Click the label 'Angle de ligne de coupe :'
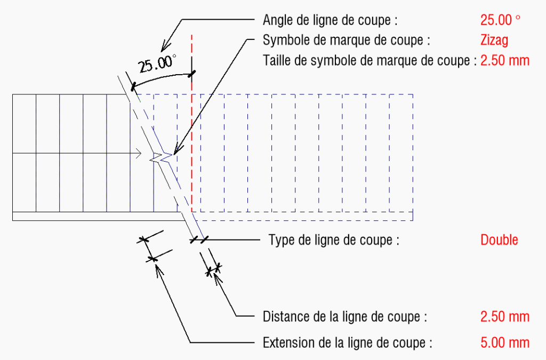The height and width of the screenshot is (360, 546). (330, 20)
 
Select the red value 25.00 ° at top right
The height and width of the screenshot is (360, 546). (500, 20)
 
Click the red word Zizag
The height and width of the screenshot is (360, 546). (494, 41)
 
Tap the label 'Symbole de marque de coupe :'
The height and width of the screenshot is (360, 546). (346, 41)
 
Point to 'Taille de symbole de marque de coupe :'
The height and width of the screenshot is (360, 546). (370, 61)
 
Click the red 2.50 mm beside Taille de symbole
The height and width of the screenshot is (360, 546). (505, 61)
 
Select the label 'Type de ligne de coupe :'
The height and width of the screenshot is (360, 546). (334, 240)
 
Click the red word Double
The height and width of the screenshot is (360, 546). (499, 240)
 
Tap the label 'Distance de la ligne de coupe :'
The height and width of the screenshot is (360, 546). (345, 317)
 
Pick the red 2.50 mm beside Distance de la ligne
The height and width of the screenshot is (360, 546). (505, 317)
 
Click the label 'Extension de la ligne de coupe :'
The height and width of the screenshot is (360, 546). (347, 343)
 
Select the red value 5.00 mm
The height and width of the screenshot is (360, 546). (505, 343)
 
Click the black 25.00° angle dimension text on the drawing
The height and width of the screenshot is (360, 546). (157, 63)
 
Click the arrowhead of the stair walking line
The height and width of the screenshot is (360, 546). (138, 153)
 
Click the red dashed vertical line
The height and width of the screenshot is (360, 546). (191, 123)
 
